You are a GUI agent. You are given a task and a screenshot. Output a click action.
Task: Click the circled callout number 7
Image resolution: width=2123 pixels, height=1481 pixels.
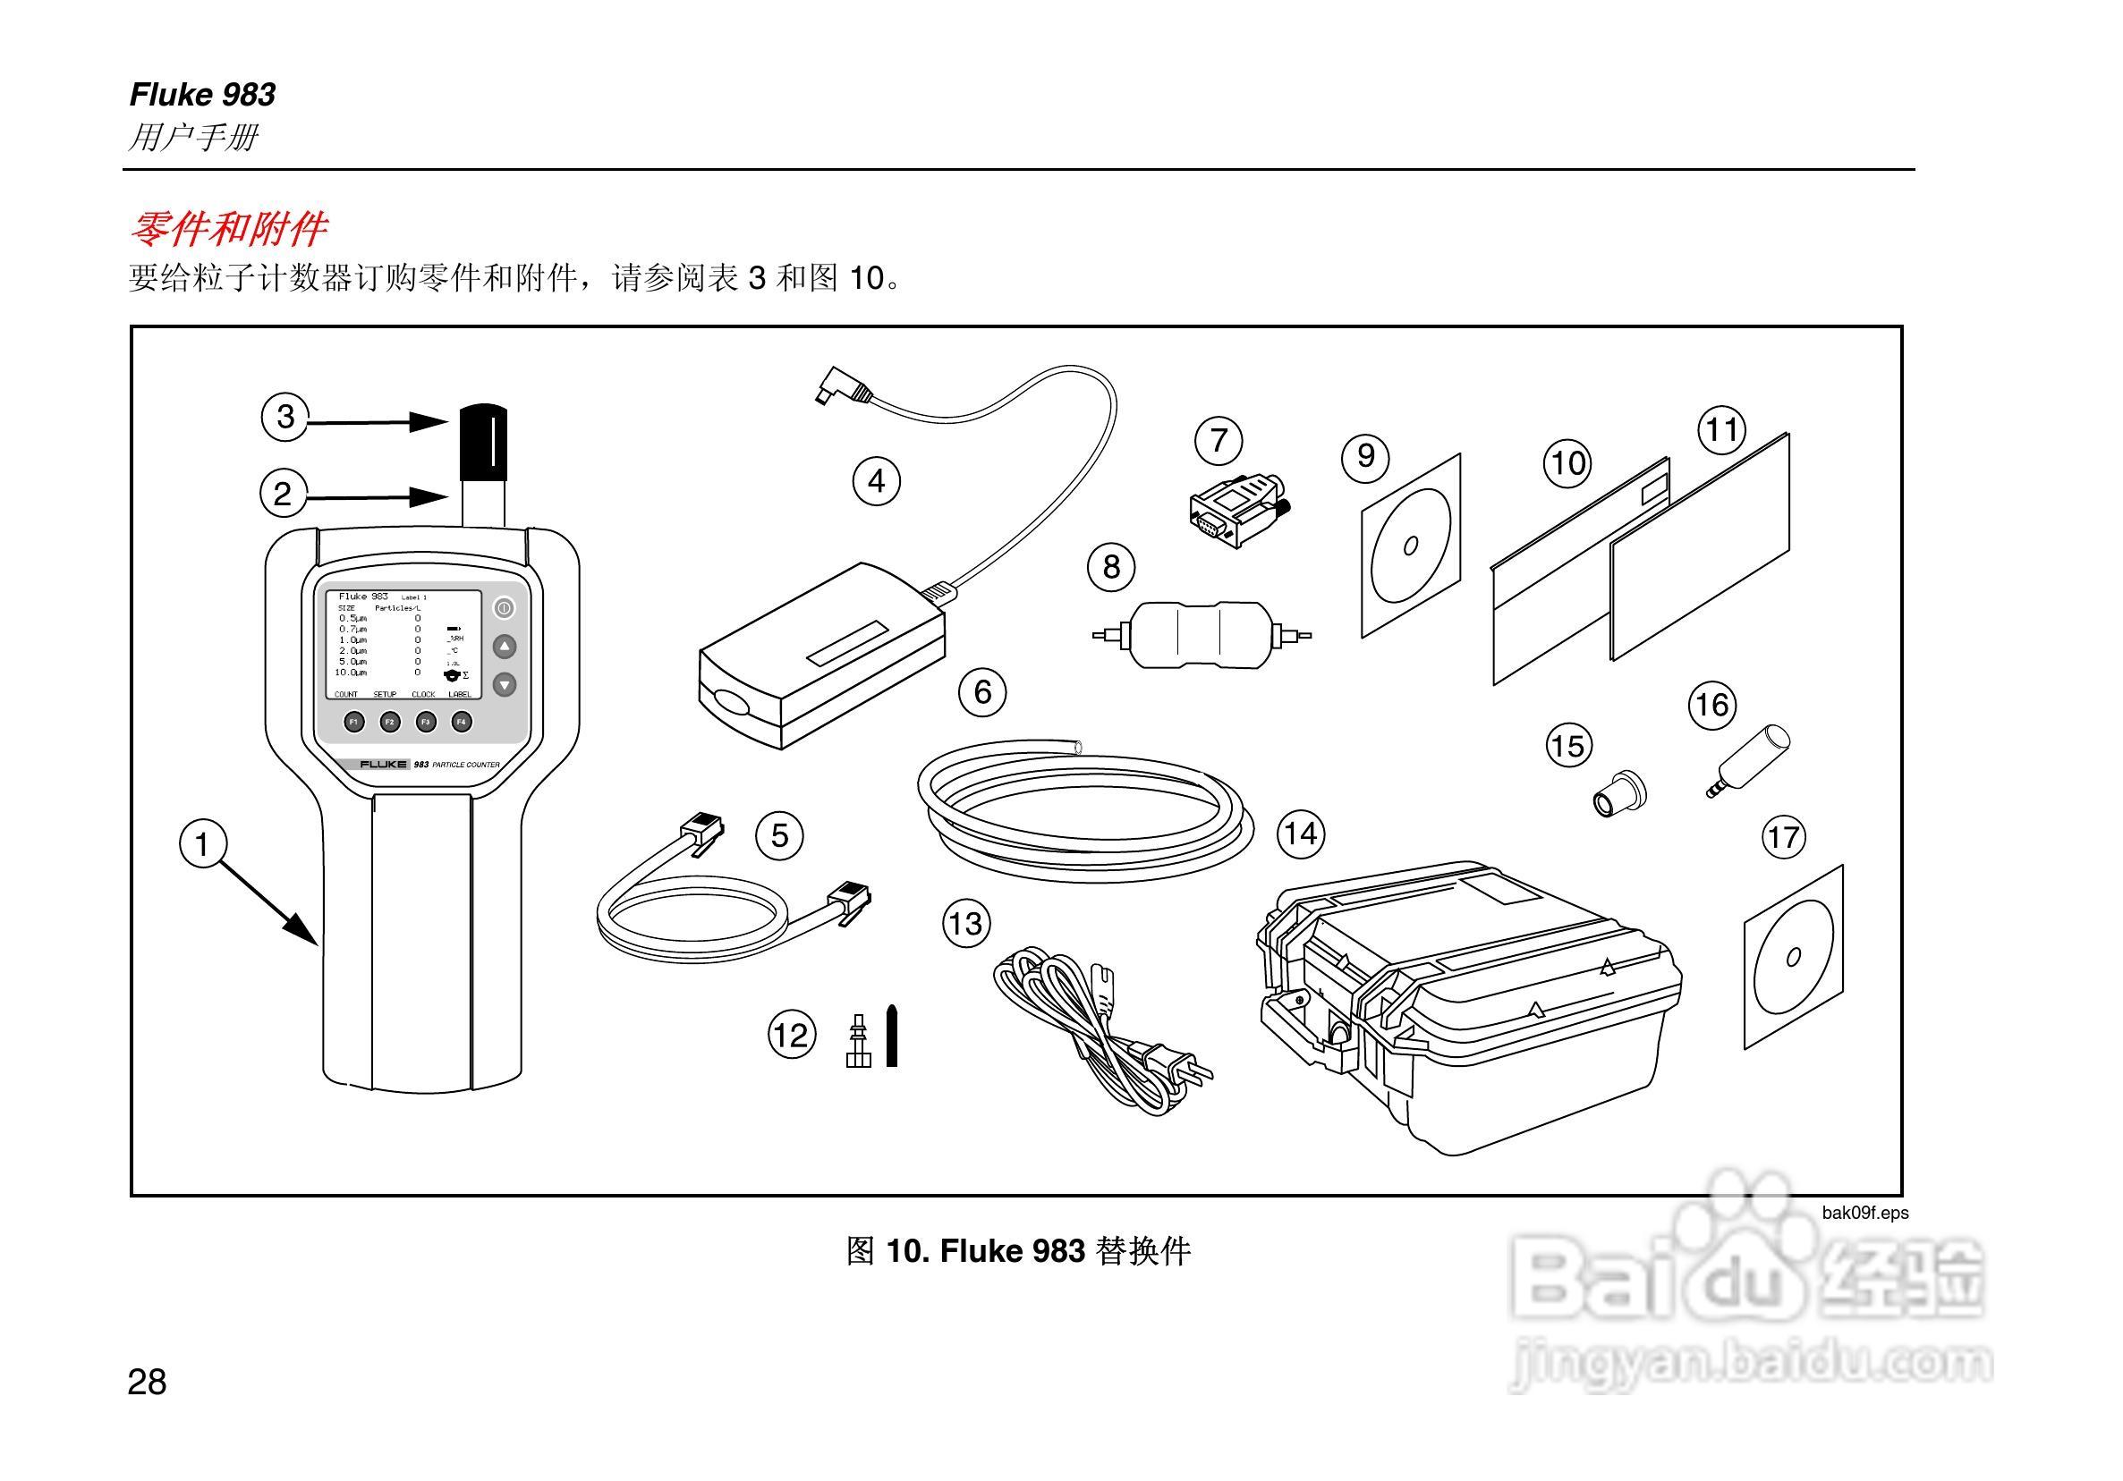(x=1218, y=440)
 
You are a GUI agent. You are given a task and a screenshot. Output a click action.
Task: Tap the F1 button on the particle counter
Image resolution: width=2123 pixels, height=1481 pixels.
(x=353, y=722)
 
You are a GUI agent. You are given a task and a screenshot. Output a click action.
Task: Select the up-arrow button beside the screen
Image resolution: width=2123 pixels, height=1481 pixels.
(x=504, y=647)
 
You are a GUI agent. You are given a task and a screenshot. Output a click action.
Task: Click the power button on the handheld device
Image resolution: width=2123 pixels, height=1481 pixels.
(x=504, y=607)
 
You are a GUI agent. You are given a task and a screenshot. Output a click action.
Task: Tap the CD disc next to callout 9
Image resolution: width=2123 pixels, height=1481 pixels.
(x=1409, y=546)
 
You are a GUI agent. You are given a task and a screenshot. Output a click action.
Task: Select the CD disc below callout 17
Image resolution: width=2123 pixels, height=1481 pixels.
(x=1792, y=957)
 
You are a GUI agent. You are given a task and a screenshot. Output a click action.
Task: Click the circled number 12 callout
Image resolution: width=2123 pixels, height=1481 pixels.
(x=792, y=1035)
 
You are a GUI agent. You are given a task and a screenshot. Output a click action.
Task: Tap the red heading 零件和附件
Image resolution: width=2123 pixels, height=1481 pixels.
(x=227, y=228)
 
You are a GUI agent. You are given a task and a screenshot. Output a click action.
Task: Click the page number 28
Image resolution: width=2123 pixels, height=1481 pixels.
(x=147, y=1382)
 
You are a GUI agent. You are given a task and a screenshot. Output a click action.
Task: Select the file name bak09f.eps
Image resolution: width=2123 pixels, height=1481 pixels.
(x=1864, y=1213)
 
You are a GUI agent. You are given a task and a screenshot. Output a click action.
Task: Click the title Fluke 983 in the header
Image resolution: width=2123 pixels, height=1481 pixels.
(x=202, y=94)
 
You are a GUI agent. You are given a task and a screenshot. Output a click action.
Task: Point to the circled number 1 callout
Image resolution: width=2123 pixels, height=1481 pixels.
(x=201, y=844)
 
